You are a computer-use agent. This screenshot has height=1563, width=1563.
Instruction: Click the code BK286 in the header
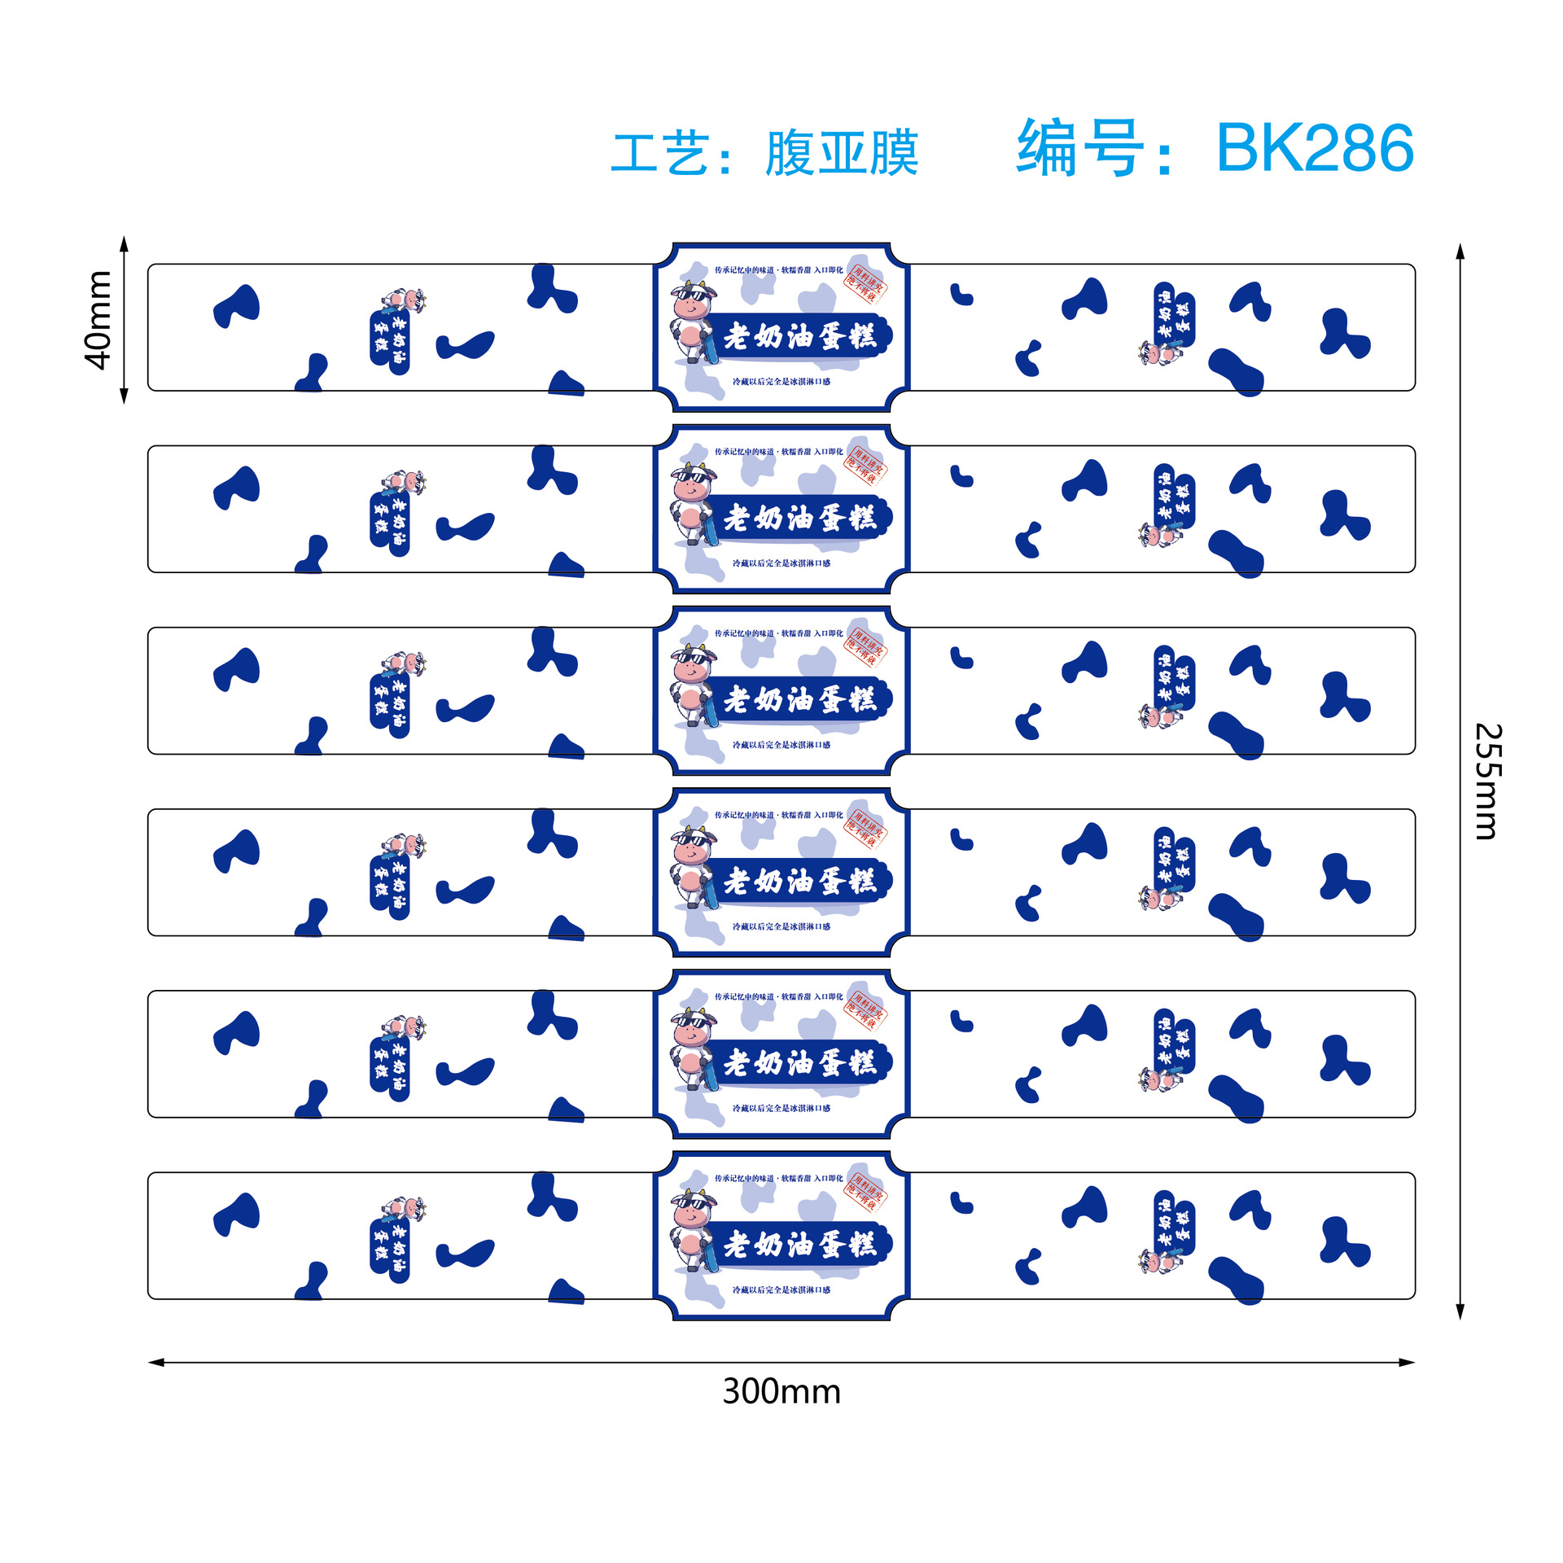point(1314,148)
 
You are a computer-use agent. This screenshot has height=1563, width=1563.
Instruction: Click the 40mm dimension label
point(99,320)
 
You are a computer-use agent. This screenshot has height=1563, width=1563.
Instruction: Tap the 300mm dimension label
point(781,1391)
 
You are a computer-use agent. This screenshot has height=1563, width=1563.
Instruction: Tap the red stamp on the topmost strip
point(865,282)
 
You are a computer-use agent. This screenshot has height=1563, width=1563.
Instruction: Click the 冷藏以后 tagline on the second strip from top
point(781,563)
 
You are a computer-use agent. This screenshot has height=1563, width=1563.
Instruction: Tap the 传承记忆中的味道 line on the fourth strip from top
point(778,815)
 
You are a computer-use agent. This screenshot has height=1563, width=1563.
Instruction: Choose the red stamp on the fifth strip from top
point(865,1009)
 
